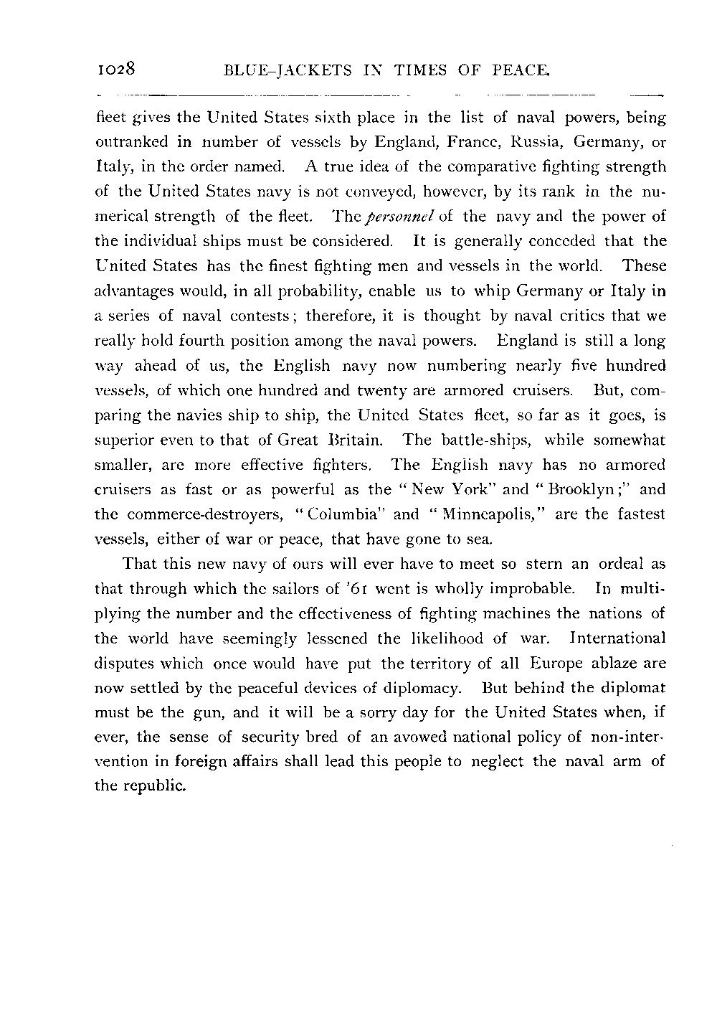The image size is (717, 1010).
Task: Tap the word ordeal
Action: (x=622, y=564)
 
